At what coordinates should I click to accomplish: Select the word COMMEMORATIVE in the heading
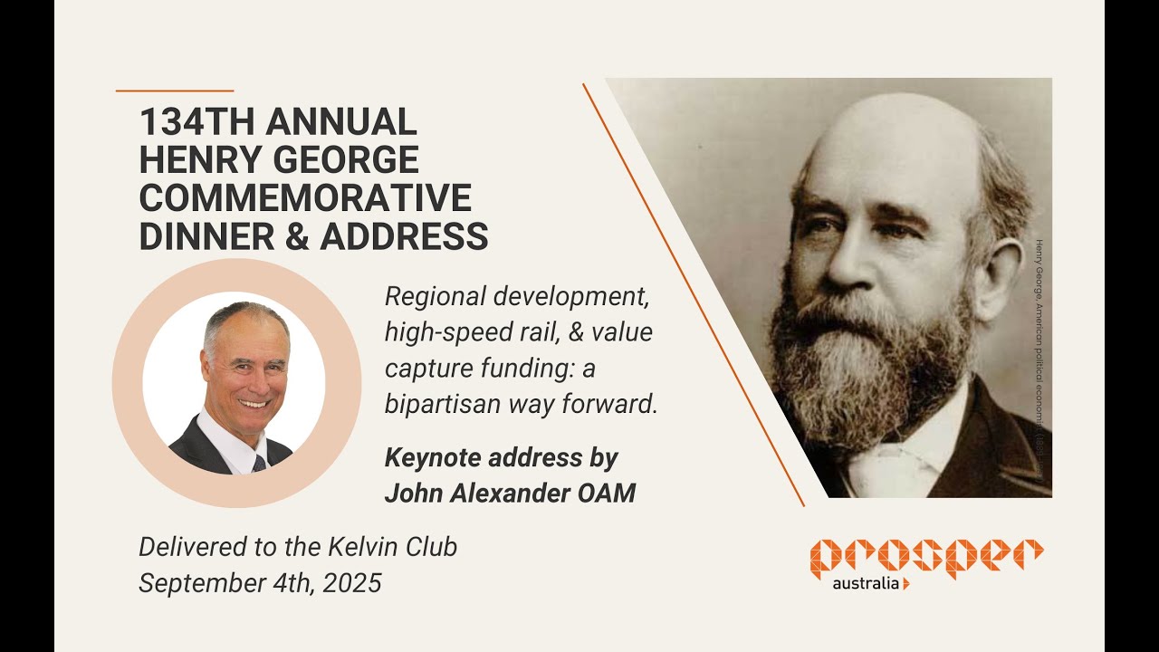[x=305, y=198]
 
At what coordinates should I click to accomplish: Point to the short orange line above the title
[x=175, y=91]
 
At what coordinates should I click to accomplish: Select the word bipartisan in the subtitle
[x=441, y=405]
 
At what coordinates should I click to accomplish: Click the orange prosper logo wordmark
[x=926, y=555]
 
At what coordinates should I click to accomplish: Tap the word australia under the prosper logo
[x=865, y=583]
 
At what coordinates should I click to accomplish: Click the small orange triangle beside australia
[x=906, y=584]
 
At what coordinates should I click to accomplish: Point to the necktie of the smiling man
[x=260, y=463]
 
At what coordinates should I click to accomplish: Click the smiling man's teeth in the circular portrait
[x=253, y=403]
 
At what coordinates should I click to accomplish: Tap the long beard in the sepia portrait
[x=869, y=380]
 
